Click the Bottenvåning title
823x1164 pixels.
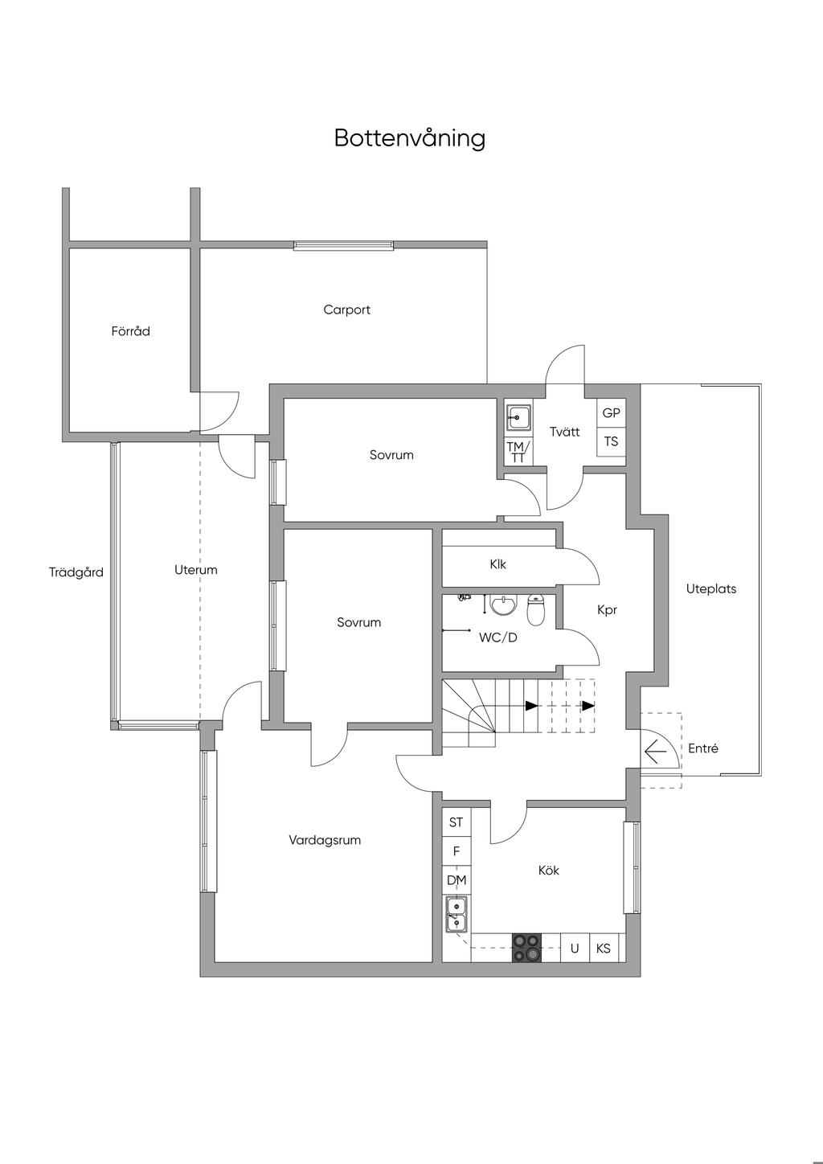pos(409,138)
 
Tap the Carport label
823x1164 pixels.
pos(346,309)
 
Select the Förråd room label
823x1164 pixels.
pos(130,331)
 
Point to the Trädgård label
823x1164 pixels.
pos(76,572)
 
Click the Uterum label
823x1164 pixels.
pos(196,570)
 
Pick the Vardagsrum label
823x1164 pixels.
pos(325,840)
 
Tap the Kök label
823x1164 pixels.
pos(549,870)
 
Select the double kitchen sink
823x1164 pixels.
pos(457,913)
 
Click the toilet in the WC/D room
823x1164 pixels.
pos(535,609)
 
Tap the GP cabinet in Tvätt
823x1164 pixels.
pos(611,413)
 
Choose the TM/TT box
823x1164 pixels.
pos(518,452)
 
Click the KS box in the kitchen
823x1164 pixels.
pos(604,949)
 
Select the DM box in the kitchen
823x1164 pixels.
pos(457,880)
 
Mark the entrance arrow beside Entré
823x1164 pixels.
pos(655,751)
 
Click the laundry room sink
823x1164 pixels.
pos(518,417)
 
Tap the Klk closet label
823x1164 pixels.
pos(497,564)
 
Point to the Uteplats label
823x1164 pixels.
pos(711,589)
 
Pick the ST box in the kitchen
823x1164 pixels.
pos(457,822)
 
